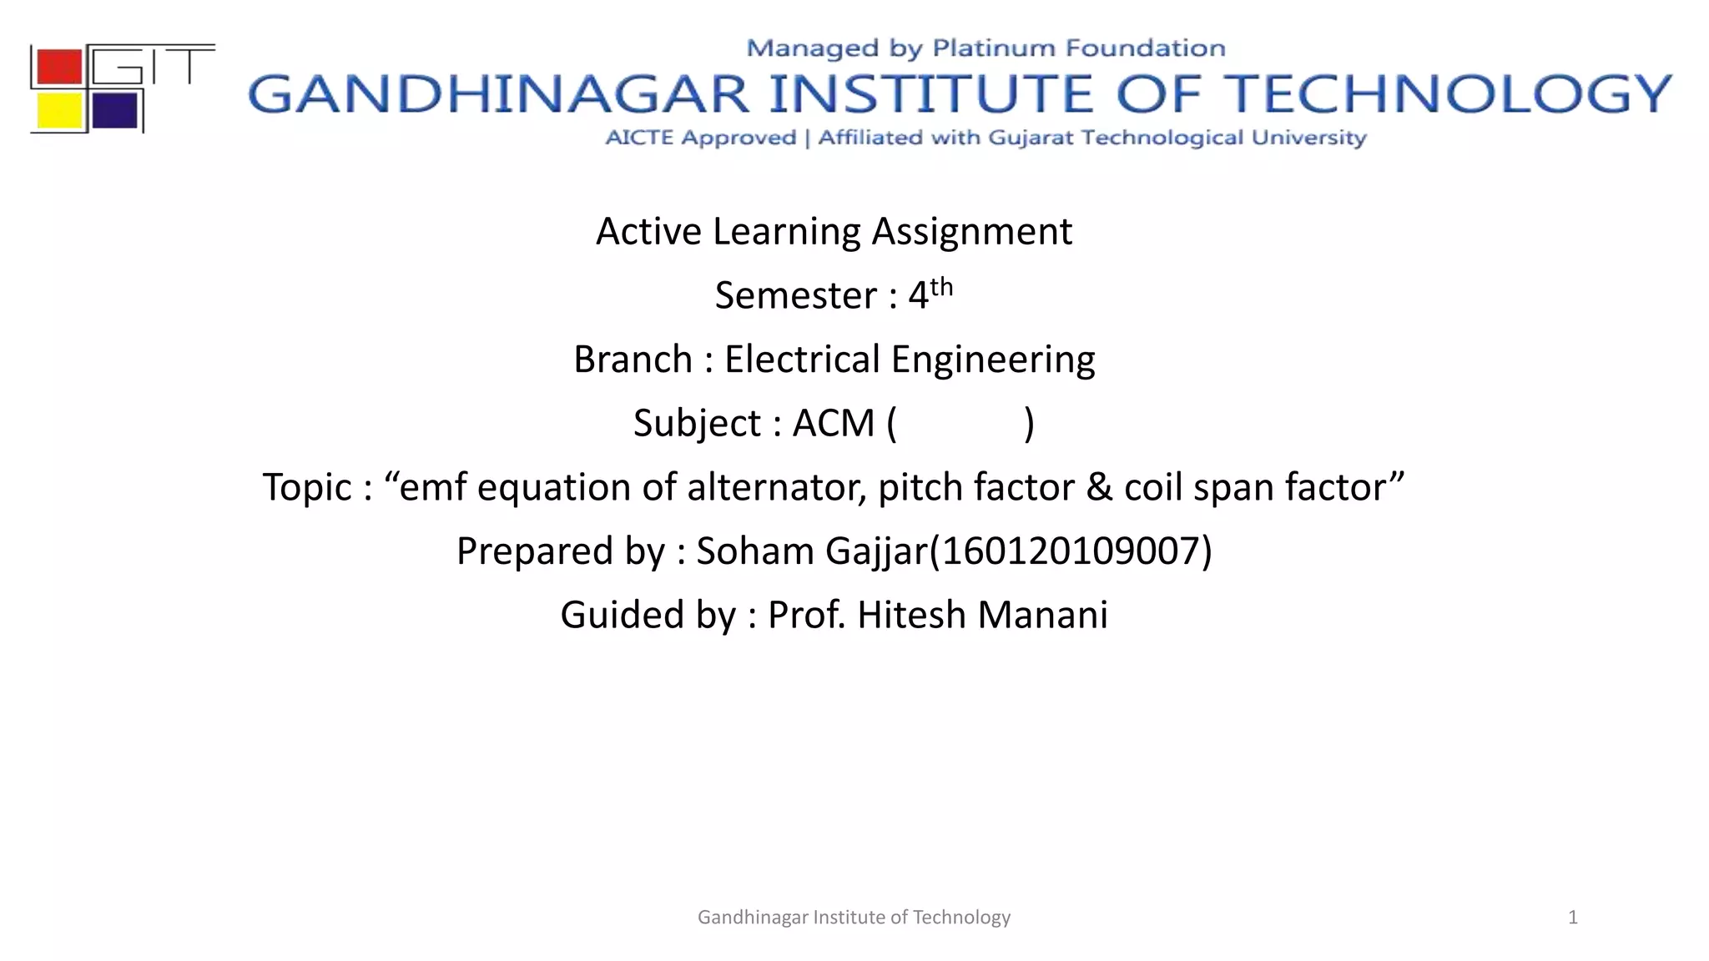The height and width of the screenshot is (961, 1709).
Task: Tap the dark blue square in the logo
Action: point(114,110)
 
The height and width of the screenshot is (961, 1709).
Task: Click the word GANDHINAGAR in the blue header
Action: point(498,94)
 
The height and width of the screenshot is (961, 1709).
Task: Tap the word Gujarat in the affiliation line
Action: point(1031,138)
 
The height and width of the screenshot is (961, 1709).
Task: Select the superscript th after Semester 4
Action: point(941,287)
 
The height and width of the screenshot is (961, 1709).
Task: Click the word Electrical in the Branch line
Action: point(802,360)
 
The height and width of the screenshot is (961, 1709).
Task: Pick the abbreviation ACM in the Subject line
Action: point(833,423)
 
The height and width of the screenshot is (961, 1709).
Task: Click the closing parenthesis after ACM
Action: point(1029,423)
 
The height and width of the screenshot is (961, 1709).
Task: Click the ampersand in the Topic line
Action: point(1099,487)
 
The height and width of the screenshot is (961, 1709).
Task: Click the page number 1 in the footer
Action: point(1572,918)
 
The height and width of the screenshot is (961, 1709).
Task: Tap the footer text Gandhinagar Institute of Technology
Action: point(854,918)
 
